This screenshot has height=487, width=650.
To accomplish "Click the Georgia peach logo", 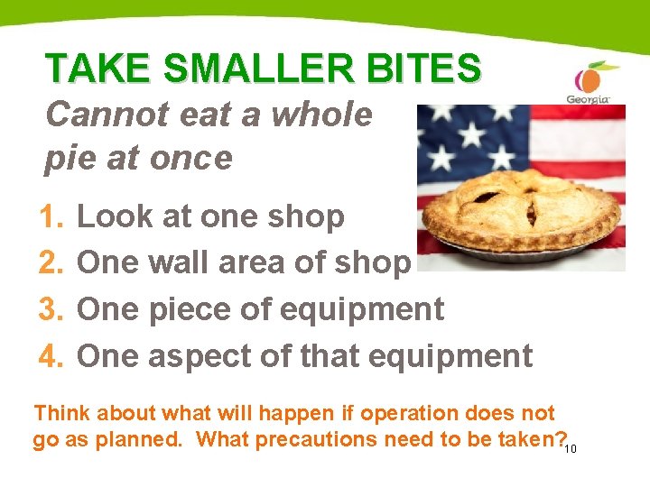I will coord(588,83).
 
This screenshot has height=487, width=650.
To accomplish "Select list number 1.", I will coord(51,216).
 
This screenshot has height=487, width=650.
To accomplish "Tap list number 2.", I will coord(51,262).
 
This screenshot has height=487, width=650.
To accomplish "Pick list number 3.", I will coord(51,309).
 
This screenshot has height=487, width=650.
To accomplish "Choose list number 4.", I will coord(51,356).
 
